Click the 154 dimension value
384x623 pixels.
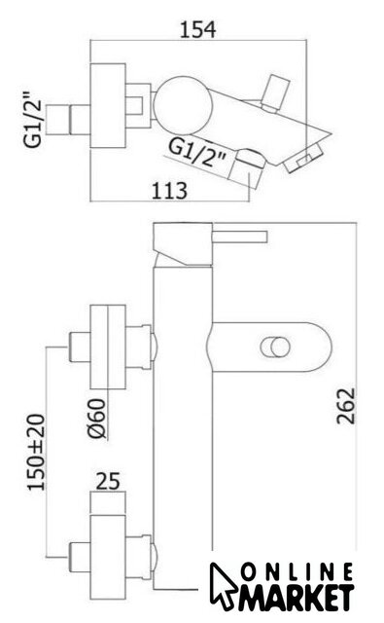pyautogui.click(x=198, y=30)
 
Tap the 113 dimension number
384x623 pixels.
pyautogui.click(x=169, y=191)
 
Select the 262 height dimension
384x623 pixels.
pyautogui.click(x=346, y=406)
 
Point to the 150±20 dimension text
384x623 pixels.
pyautogui.click(x=37, y=452)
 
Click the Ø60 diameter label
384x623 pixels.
pyautogui.click(x=97, y=419)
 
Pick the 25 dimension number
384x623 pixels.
pyautogui.click(x=108, y=481)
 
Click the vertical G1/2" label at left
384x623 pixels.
pyautogui.click(x=33, y=120)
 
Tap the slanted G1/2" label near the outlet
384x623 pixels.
pyautogui.click(x=197, y=153)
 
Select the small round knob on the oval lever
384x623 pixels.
pyautogui.click(x=274, y=348)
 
